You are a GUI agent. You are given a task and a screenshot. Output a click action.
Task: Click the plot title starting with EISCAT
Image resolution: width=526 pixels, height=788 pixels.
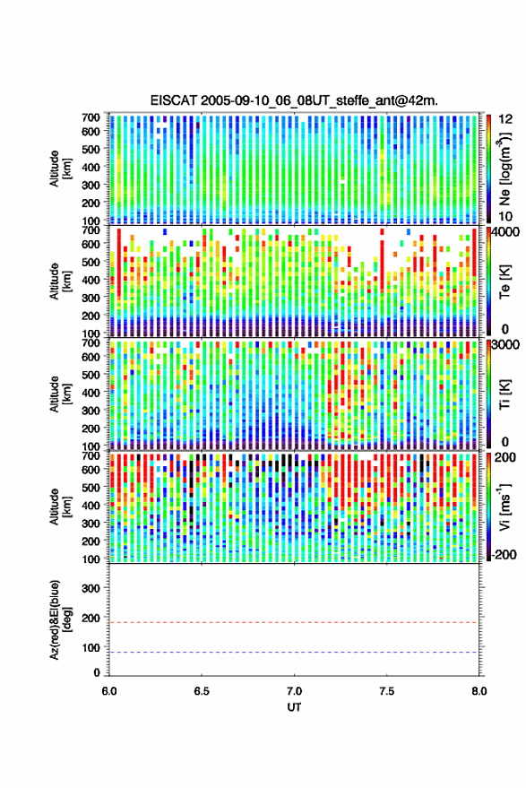click(294, 100)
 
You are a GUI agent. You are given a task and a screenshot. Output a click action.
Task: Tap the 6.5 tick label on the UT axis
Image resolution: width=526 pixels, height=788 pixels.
click(202, 691)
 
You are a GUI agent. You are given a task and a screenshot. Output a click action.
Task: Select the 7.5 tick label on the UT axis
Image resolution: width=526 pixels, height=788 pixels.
click(386, 691)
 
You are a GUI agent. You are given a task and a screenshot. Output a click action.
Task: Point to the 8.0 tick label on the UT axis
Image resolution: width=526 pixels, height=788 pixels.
click(479, 691)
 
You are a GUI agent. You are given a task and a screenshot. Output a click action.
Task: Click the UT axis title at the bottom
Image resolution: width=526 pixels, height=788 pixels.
click(294, 707)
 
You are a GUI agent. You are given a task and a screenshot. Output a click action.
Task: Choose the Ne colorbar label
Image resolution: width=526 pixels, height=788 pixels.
click(504, 169)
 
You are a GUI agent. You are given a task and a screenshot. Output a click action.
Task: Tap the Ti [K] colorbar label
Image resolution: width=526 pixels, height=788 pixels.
click(504, 394)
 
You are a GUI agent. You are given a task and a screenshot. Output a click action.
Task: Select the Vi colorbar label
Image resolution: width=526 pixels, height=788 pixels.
click(504, 507)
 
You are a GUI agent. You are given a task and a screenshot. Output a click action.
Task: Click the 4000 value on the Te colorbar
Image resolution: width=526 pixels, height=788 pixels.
click(506, 233)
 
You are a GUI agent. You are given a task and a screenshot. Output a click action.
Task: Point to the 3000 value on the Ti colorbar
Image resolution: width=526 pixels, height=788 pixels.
click(506, 345)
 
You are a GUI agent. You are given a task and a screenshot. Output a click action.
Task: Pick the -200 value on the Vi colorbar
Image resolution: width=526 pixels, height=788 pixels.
click(504, 555)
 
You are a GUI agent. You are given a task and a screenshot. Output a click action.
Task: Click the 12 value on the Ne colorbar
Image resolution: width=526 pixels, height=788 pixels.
click(506, 119)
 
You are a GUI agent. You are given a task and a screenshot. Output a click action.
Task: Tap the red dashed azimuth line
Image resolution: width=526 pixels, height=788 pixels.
click(294, 622)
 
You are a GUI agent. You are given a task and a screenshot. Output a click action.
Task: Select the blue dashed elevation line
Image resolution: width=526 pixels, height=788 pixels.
click(294, 653)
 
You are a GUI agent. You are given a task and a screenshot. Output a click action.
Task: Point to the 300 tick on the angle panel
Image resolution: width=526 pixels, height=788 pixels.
click(91, 588)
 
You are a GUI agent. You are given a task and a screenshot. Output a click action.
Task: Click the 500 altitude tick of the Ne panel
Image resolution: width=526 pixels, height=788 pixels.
click(91, 149)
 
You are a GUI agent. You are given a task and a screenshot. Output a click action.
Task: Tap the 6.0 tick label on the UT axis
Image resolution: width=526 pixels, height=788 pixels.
click(109, 691)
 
